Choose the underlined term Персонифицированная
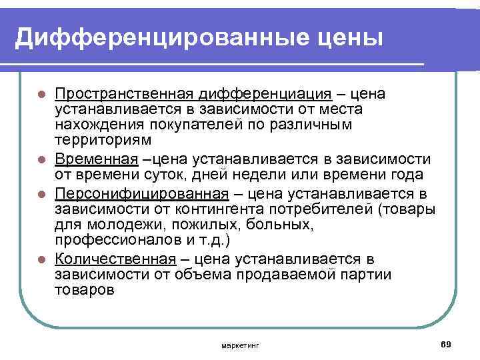click(x=141, y=193)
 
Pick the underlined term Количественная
click(x=115, y=259)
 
